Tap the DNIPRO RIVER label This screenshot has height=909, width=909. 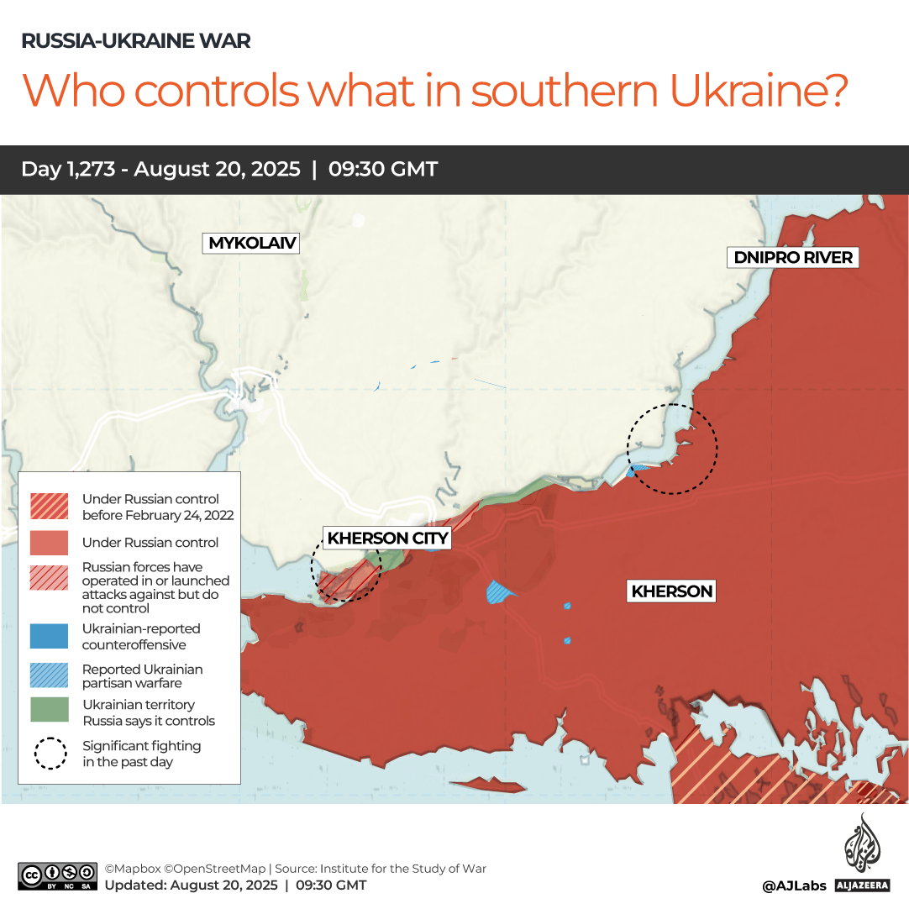pyautogui.click(x=793, y=258)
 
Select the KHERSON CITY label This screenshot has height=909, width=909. pyautogui.click(x=387, y=539)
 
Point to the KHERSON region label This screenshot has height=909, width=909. pyautogui.click(x=671, y=591)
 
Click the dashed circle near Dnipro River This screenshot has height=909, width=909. pyautogui.click(x=673, y=449)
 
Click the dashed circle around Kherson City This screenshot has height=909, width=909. pyautogui.click(x=345, y=569)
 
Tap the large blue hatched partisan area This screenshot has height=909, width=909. pyautogui.click(x=501, y=592)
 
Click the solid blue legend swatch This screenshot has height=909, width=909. pyautogui.click(x=50, y=636)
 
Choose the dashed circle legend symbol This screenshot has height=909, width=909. pyautogui.click(x=50, y=753)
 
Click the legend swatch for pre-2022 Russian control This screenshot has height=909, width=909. pyautogui.click(x=50, y=506)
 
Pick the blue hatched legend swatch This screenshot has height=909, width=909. pyautogui.click(x=50, y=675)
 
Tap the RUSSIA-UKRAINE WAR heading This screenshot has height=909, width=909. pyautogui.click(x=135, y=40)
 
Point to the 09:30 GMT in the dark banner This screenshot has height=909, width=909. pyautogui.click(x=383, y=169)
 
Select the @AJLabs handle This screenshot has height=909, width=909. pyautogui.click(x=794, y=885)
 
